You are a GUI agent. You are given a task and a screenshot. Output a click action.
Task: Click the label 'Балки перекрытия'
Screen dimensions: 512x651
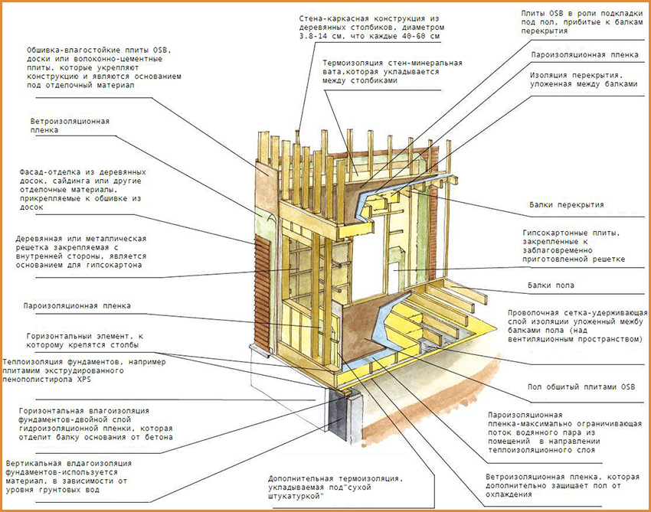566,205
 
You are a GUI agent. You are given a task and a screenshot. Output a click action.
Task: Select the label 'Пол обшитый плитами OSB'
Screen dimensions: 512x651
572,386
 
